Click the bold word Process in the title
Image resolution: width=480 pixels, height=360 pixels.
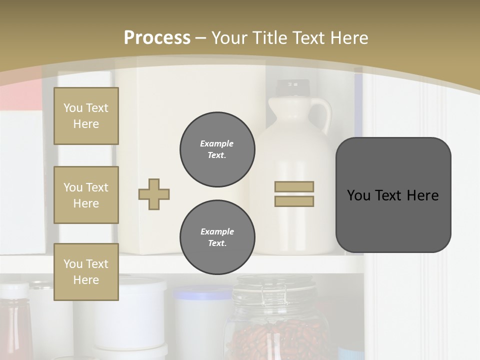click(157, 37)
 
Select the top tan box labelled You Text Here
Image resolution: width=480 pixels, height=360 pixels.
click(86, 116)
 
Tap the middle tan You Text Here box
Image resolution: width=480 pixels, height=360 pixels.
click(86, 195)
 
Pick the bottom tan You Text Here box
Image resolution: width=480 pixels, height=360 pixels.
click(86, 272)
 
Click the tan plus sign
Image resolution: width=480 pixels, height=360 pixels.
click(154, 194)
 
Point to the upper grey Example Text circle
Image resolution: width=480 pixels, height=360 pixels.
click(217, 149)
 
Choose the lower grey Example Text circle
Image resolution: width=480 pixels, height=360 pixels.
click(217, 237)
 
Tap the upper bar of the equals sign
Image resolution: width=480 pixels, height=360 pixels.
click(294, 187)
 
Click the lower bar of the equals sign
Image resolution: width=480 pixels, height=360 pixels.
click(294, 201)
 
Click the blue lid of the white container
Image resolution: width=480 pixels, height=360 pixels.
click(202, 292)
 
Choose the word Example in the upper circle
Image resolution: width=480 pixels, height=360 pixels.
click(217, 143)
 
